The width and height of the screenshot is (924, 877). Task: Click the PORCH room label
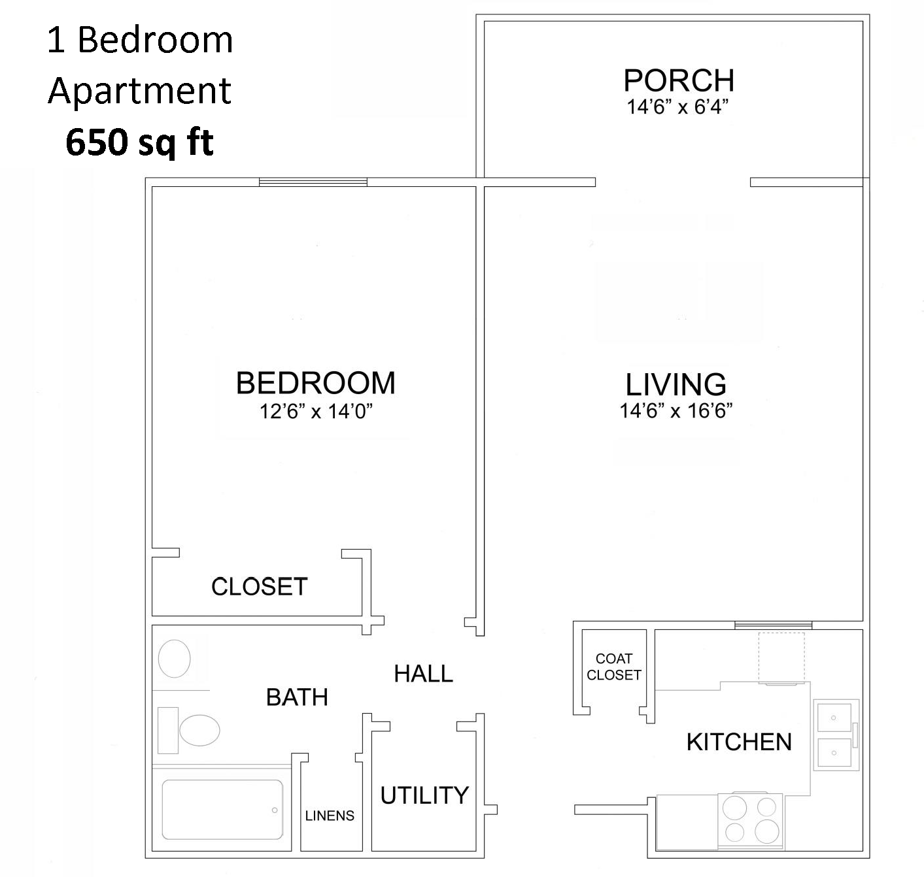point(679,80)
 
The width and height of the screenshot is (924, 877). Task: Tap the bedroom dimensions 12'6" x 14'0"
point(316,412)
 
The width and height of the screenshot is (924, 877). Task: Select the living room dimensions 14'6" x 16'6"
point(676,411)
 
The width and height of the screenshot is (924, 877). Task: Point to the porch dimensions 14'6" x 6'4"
point(677,107)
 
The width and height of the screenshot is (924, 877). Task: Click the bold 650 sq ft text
point(140,142)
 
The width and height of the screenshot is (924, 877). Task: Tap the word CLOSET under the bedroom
point(259,586)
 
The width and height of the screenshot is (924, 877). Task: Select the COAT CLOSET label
point(613,667)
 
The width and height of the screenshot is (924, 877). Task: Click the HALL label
point(423,674)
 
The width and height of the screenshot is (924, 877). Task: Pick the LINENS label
point(330,816)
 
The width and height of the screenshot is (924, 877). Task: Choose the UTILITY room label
point(424,795)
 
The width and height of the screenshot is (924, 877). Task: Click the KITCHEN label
point(739,742)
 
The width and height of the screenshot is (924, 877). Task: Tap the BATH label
point(297,697)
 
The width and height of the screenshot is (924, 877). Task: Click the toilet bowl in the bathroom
point(199,730)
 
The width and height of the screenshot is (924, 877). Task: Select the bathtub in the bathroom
point(222,809)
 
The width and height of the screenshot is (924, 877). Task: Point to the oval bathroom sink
point(175,657)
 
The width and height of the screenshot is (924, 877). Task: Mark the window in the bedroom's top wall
point(313,182)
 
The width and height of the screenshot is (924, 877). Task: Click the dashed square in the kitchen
point(782,656)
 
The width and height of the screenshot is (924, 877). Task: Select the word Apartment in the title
point(140,91)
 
